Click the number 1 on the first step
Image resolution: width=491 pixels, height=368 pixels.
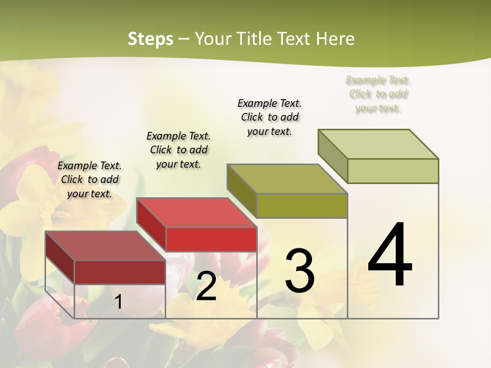pyautogui.click(x=119, y=302)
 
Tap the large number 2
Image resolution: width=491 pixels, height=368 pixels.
pyautogui.click(x=206, y=287)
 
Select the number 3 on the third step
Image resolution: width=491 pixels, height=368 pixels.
pyautogui.click(x=300, y=271)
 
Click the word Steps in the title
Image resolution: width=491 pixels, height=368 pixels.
pyautogui.click(x=150, y=39)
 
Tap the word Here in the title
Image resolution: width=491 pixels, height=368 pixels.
pyautogui.click(x=336, y=39)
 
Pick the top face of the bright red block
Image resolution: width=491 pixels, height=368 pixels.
pyautogui.click(x=196, y=213)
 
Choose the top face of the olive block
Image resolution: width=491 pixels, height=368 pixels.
pyautogui.click(x=287, y=179)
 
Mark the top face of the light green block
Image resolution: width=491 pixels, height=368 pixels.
pyautogui.click(x=378, y=144)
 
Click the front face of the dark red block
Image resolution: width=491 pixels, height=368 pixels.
pyautogui.click(x=120, y=272)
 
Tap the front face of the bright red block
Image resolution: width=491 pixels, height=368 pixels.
pyautogui.click(x=211, y=239)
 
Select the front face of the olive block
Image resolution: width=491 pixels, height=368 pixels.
pyautogui.click(x=302, y=205)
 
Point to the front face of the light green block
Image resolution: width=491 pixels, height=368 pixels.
pyautogui.click(x=393, y=171)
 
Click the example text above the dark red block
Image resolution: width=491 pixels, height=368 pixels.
pyautogui.click(x=90, y=179)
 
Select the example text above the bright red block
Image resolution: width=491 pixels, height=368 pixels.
pyautogui.click(x=178, y=150)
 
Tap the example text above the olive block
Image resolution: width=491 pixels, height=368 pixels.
pyautogui.click(x=270, y=117)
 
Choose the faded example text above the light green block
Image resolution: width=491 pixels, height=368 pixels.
pyautogui.click(x=378, y=94)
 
